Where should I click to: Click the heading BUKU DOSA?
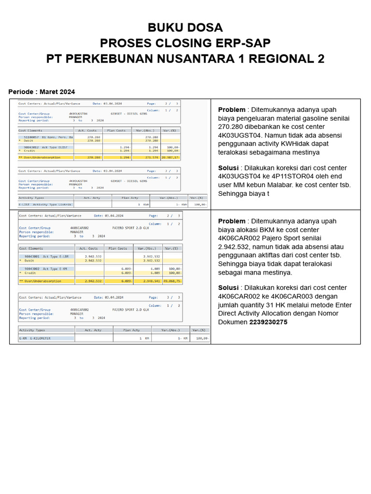pyautogui.click(x=185, y=27)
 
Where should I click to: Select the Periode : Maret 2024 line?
pyautogui.click(x=42, y=92)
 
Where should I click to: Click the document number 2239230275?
pyautogui.click(x=268, y=322)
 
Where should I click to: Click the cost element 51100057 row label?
pyautogui.click(x=46, y=137)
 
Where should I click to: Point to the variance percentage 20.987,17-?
pyautogui.click(x=170, y=157)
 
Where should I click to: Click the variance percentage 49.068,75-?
pyautogui.click(x=172, y=280)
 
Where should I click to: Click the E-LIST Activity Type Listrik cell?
pyautogui.click(x=45, y=205)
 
